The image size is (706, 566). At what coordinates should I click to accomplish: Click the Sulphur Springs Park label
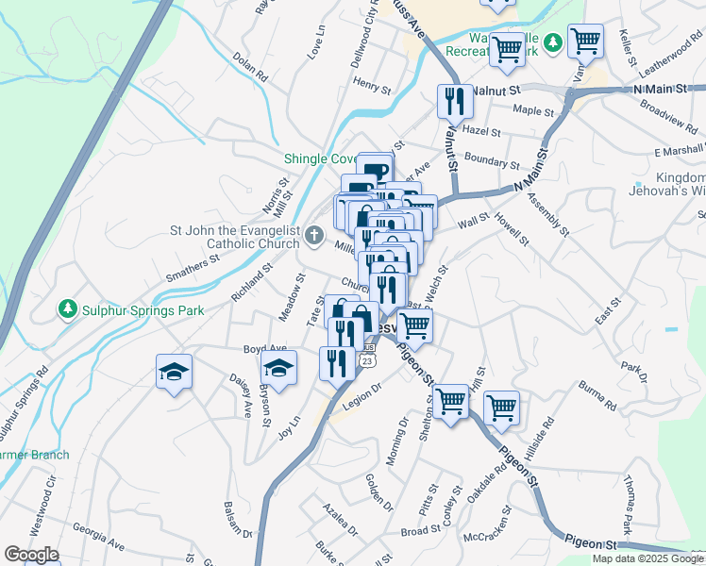point(143,308)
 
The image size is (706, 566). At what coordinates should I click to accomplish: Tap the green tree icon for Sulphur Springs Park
point(67,308)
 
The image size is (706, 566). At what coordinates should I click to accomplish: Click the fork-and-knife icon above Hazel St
point(455,100)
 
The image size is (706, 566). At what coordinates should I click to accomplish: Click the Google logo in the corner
point(31,555)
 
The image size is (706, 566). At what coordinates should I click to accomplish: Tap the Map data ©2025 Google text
point(647,558)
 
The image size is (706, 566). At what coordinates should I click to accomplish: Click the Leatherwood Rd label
point(669,60)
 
